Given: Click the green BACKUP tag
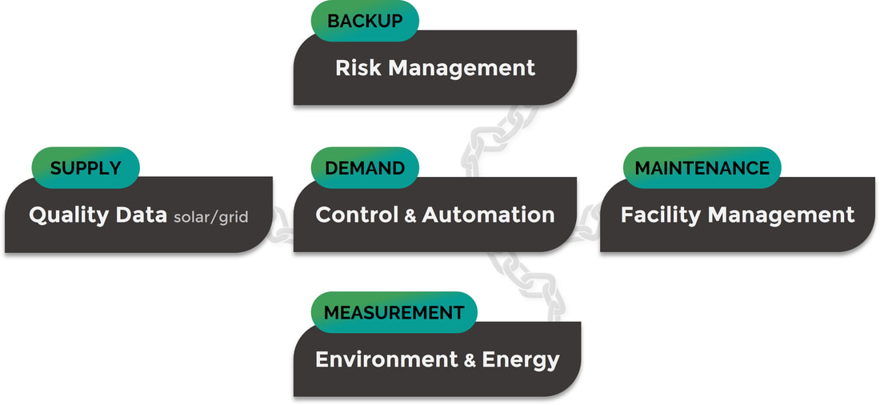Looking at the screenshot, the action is point(365,21).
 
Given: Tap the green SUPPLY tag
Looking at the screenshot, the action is point(86,167).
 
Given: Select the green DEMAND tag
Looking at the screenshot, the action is point(365,167).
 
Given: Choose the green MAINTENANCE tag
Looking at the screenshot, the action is point(702,167).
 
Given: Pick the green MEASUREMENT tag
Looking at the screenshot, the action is point(394,312).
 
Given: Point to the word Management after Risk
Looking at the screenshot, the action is point(462,69).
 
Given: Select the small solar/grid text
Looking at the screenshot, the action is point(211,218).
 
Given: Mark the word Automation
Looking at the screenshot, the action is point(488,215).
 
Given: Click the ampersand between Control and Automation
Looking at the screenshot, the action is point(410,216).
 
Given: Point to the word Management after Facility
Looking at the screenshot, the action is point(782,215).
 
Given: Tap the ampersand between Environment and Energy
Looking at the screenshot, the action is point(470,361).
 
